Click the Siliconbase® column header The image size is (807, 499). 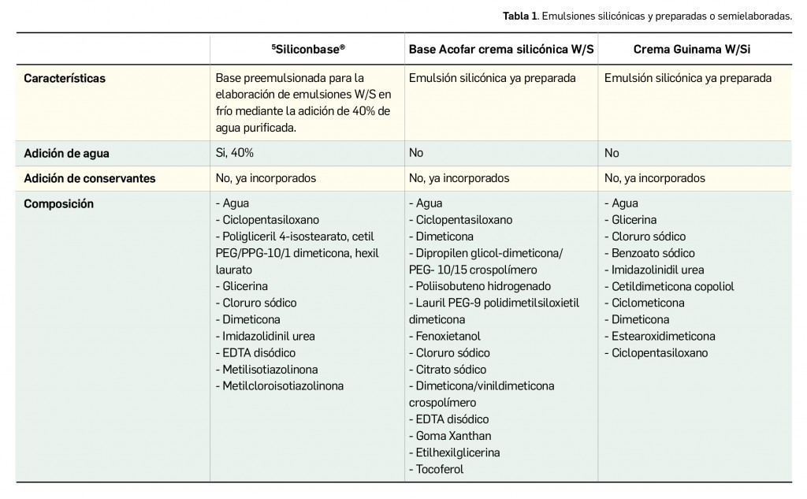coord(308,49)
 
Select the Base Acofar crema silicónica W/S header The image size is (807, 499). coord(500,49)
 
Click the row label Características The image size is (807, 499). coord(65,79)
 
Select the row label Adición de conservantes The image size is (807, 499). coord(89,178)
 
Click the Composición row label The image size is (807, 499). coord(58,203)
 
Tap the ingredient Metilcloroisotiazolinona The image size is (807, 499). coord(282,386)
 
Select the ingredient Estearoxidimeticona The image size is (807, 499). coord(664,336)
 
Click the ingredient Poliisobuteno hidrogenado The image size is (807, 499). coord(482,286)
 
